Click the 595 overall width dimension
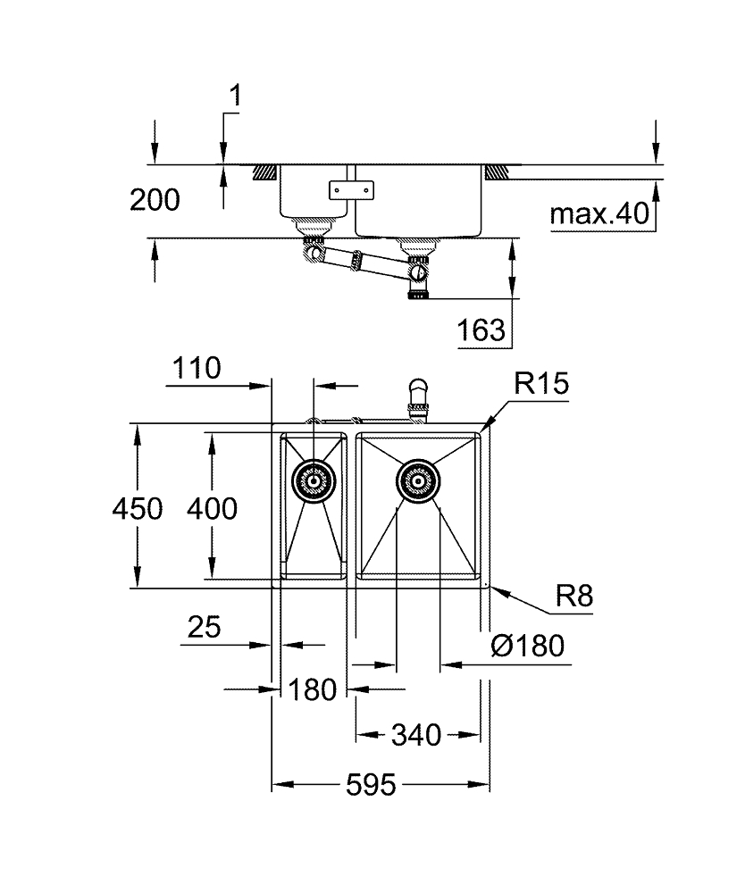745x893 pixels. point(371,786)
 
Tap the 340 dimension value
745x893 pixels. point(416,735)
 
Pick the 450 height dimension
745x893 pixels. point(138,509)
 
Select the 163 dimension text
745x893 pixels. point(481,331)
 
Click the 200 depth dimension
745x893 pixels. point(155,200)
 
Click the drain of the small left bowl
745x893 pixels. point(313,482)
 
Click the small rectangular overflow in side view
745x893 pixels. point(352,189)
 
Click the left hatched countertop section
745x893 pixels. point(264,170)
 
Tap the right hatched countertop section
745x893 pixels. point(499,170)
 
